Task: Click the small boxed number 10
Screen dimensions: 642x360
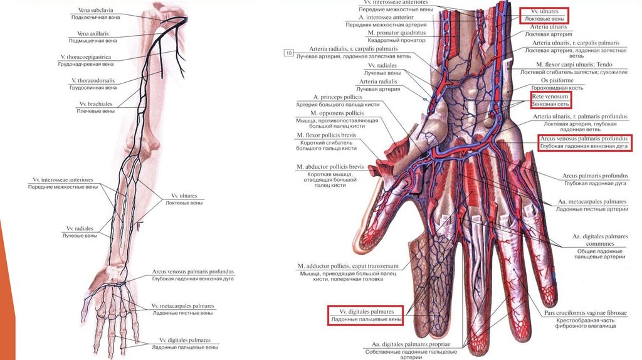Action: [288, 53]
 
